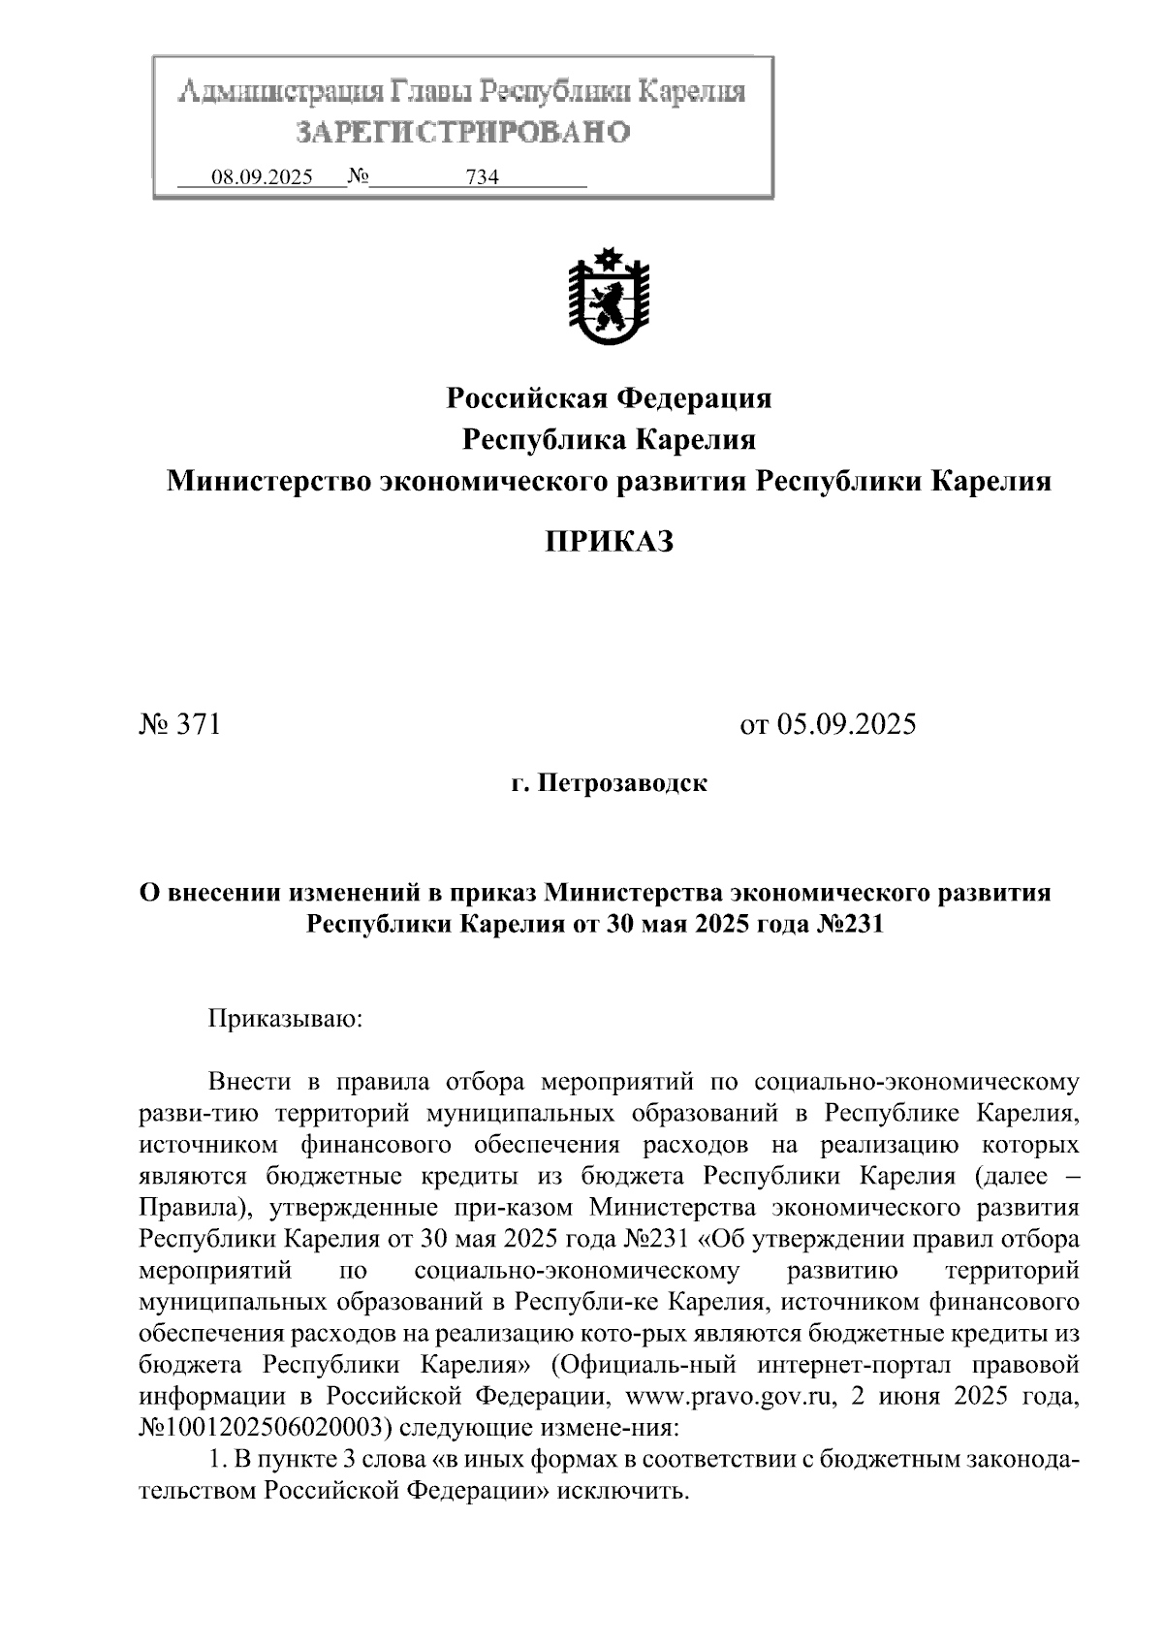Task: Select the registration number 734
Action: point(482,177)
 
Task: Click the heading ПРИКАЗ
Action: point(608,542)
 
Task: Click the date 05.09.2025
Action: point(844,724)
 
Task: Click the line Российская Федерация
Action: point(609,397)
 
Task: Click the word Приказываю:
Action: point(285,1019)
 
